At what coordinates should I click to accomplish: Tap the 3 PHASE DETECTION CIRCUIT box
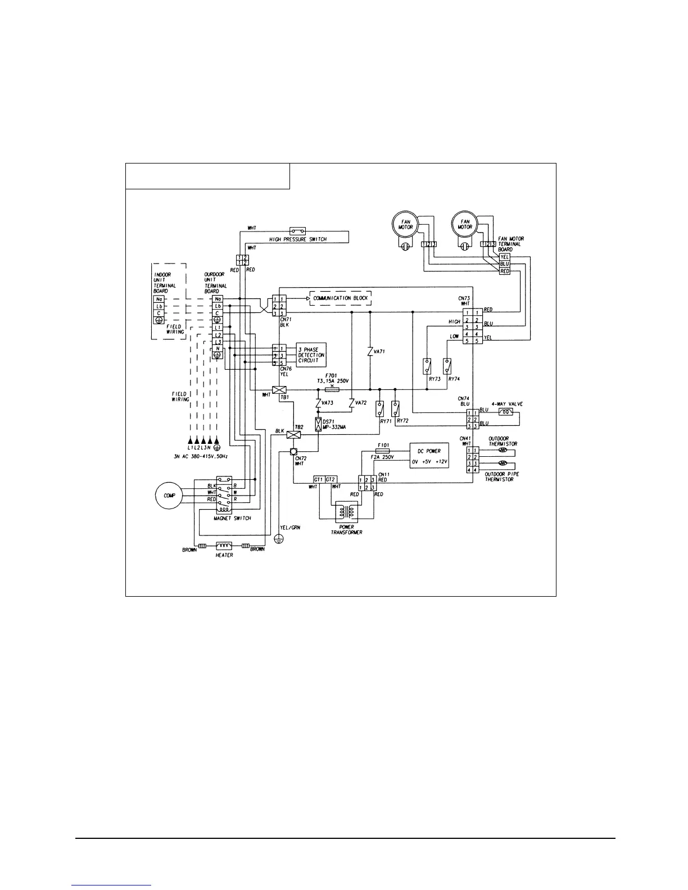pyautogui.click(x=311, y=355)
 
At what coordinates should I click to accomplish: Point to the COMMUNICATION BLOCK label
pyautogui.click(x=341, y=298)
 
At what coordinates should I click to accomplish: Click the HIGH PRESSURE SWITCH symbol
pyautogui.click(x=297, y=231)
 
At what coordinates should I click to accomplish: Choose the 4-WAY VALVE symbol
pyautogui.click(x=505, y=412)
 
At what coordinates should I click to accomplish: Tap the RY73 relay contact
pyautogui.click(x=427, y=366)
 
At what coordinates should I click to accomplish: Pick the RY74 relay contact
pyautogui.click(x=447, y=366)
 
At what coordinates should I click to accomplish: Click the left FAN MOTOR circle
pyautogui.click(x=403, y=224)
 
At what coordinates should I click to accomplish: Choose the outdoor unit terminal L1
pyautogui.click(x=218, y=327)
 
